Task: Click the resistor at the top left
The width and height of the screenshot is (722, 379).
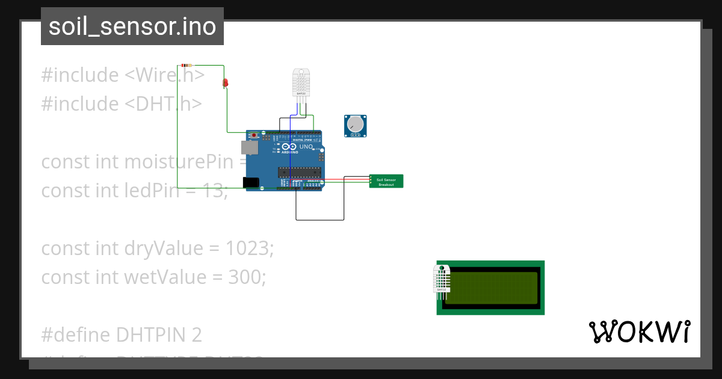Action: (x=187, y=65)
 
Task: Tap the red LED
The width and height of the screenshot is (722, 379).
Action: (x=226, y=82)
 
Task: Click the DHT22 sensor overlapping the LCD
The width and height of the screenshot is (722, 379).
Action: (x=442, y=280)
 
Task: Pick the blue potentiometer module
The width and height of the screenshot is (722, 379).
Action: (x=355, y=126)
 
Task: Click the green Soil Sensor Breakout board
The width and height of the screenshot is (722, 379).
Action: (x=386, y=181)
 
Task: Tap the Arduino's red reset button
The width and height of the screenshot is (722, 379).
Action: (x=254, y=135)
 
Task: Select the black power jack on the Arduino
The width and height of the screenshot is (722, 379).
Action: (x=250, y=182)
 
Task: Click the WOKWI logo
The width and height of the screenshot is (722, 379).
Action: (x=639, y=332)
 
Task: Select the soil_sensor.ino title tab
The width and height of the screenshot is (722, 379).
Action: (x=132, y=26)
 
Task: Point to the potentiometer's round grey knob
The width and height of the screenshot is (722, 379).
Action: (x=356, y=125)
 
